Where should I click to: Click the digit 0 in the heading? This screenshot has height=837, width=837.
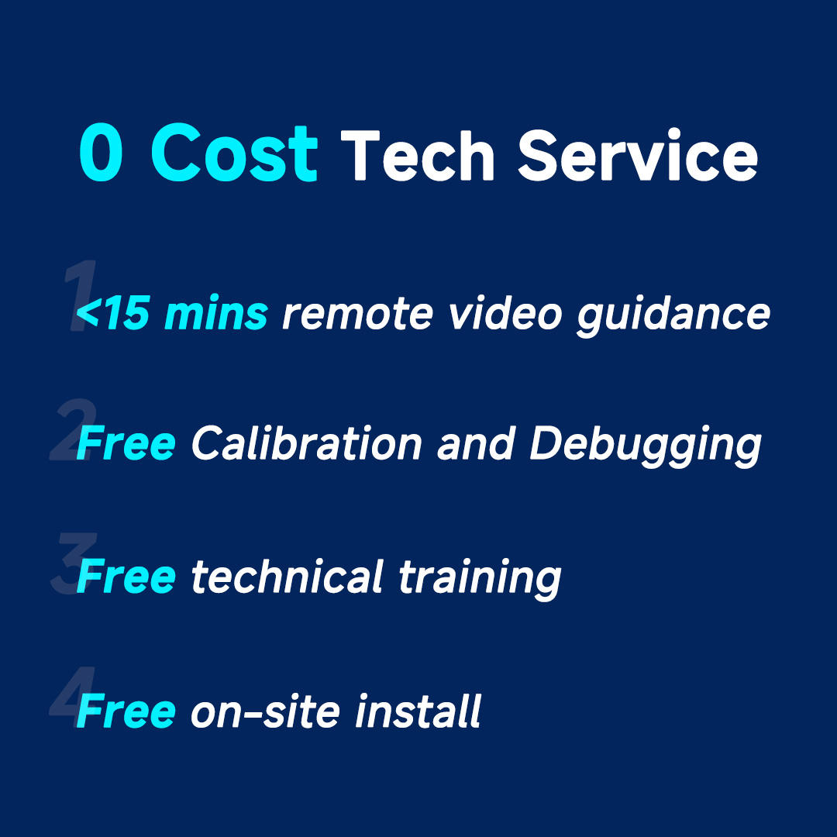coord(101,152)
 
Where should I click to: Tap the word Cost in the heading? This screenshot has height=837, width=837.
coord(234,152)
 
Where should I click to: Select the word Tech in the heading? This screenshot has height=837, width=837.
coord(417,155)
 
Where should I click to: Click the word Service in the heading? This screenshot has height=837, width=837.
coord(637,154)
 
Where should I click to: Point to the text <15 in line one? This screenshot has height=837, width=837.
coord(112,313)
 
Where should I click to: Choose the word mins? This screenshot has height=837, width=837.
coord(216,312)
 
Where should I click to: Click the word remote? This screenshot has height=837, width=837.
coord(357,315)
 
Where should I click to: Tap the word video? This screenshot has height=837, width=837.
coord(505,312)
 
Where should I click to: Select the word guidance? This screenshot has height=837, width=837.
coord(673,315)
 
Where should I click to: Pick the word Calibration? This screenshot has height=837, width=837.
coord(306,443)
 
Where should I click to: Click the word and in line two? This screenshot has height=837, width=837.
coord(476,443)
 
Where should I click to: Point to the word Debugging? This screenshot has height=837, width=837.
coord(646,446)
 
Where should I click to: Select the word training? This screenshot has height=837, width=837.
coord(480,580)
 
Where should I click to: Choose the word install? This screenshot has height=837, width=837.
coord(418,711)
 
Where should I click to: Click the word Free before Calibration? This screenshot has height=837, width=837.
coord(126,443)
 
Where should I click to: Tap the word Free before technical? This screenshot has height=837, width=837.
coord(126,577)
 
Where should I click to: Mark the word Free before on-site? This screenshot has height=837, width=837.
coord(126,711)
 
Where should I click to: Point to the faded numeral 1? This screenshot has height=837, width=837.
coord(80,295)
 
